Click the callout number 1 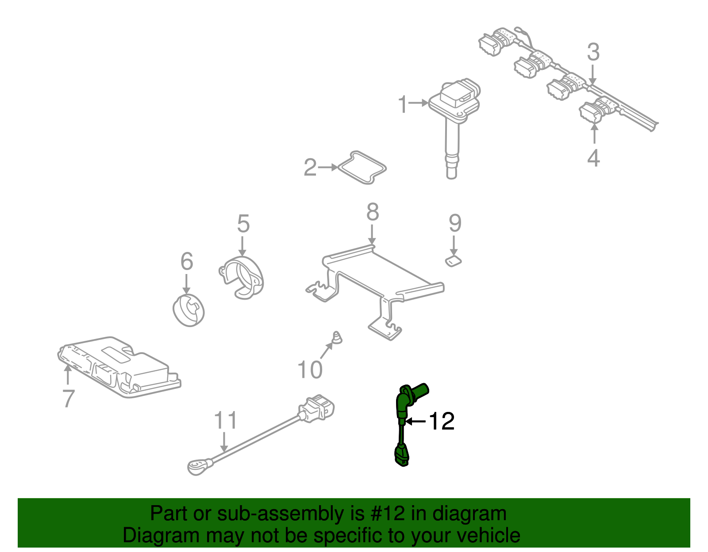coord(402,104)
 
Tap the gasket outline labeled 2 coord(362,168)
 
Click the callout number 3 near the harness coord(593,52)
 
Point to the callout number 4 coord(593,158)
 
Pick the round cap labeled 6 coord(189,310)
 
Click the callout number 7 coord(68,398)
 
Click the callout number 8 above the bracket coord(373,212)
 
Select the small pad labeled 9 coord(453,261)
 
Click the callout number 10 coord(310,370)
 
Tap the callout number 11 coord(225,420)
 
